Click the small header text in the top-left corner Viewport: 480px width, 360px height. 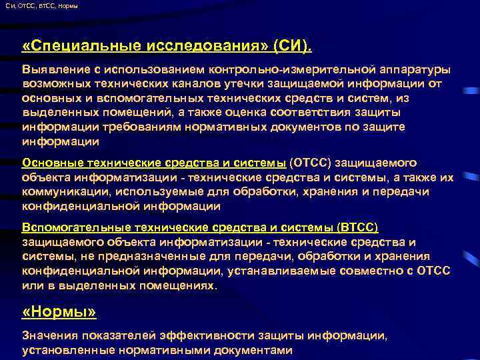pos(41,6)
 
